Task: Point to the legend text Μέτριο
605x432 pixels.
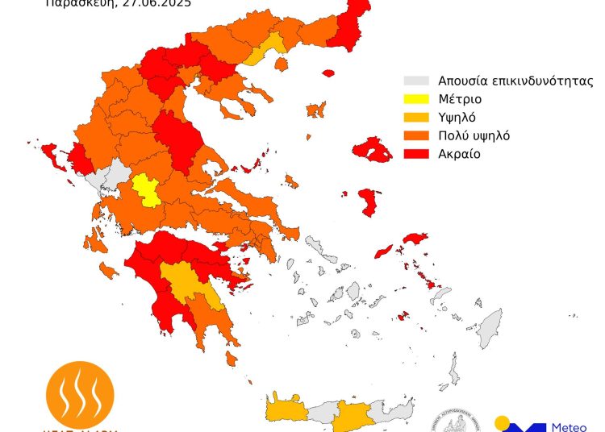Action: tap(460, 99)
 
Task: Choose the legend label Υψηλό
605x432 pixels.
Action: tap(459, 118)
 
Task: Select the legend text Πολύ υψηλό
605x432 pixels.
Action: tap(474, 135)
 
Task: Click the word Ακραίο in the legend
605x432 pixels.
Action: tap(460, 154)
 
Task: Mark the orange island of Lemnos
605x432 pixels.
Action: tap(315, 110)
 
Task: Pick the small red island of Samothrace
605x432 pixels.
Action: tap(328, 73)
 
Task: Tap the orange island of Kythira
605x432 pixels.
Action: tap(232, 356)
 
